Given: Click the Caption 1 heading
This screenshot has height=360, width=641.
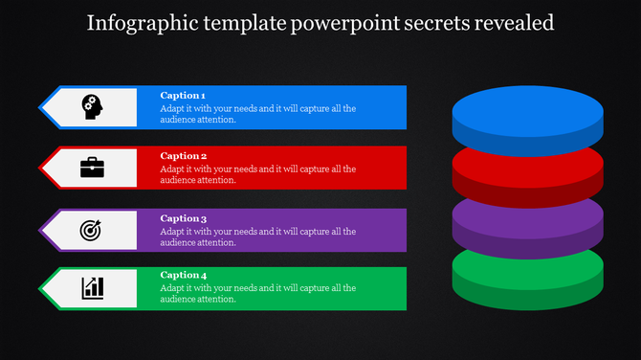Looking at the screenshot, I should click(183, 96).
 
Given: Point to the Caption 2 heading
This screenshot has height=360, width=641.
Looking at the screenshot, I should click(183, 156).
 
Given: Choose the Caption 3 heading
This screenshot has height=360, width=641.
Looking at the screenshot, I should click(183, 218).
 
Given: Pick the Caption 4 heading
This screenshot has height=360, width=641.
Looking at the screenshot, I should click(183, 276).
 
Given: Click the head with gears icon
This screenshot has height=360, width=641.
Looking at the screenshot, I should click(93, 106).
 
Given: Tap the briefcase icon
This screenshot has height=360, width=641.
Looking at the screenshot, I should click(93, 168).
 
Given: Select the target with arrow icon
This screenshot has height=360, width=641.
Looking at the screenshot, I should click(93, 230).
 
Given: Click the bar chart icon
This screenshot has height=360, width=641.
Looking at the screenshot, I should click(93, 287).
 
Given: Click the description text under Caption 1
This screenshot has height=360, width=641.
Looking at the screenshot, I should click(258, 114).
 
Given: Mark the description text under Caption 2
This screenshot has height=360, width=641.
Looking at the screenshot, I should click(258, 174).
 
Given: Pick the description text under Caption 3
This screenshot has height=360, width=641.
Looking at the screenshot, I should click(258, 236).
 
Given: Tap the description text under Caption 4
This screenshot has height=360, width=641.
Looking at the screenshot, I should click(258, 293).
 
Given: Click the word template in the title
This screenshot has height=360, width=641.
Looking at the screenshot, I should click(234, 22).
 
